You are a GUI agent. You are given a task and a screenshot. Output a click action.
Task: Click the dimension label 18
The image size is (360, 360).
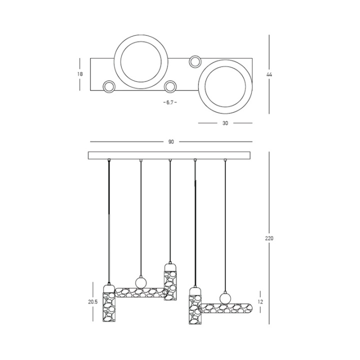[80, 74]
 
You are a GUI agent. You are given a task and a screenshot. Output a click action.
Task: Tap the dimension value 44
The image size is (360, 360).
[269, 74]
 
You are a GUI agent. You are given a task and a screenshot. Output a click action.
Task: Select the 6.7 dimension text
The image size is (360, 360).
[170, 102]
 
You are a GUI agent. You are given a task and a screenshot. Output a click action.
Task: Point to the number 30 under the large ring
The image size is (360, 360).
[225, 123]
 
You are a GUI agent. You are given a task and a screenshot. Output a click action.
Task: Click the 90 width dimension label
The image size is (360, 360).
[171, 142]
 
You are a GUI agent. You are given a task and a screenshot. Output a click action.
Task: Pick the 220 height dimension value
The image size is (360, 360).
[269, 238]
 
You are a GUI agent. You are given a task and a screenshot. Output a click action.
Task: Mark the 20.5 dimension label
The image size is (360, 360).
[93, 302]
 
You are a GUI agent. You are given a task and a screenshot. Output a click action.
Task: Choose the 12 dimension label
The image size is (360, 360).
[260, 302]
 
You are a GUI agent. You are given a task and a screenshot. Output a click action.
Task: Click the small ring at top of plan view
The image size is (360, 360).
[195, 61]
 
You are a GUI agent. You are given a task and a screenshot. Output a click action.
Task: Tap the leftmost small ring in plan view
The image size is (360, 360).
[108, 86]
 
